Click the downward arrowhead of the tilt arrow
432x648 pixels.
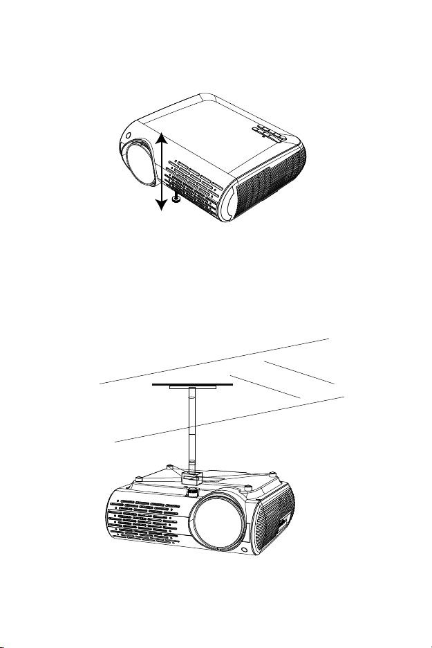point(161,205)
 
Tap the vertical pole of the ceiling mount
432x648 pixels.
point(191,429)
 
